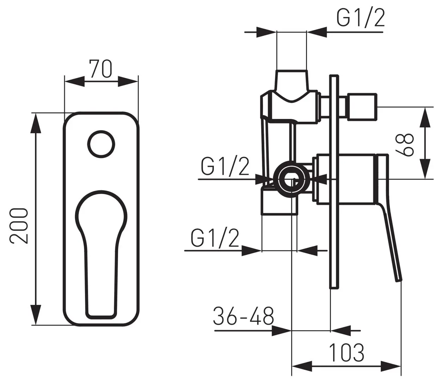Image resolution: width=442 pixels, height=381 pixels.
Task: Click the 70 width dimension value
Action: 101,69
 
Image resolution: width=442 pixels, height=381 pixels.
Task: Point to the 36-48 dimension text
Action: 243,316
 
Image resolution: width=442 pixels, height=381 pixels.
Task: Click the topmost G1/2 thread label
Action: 361,18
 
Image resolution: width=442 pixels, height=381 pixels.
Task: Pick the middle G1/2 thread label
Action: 225,167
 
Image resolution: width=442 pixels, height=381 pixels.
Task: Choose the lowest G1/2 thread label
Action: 215,238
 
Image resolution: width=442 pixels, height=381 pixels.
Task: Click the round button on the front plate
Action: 102,144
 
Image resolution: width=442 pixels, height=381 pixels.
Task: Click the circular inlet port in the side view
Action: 291,179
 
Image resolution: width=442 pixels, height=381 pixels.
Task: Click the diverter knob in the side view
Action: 362,107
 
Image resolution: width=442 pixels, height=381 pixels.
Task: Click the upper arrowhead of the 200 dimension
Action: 36,123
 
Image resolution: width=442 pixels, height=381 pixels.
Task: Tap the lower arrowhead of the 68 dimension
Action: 425,169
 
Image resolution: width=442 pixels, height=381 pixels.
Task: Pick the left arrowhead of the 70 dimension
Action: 74,81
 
